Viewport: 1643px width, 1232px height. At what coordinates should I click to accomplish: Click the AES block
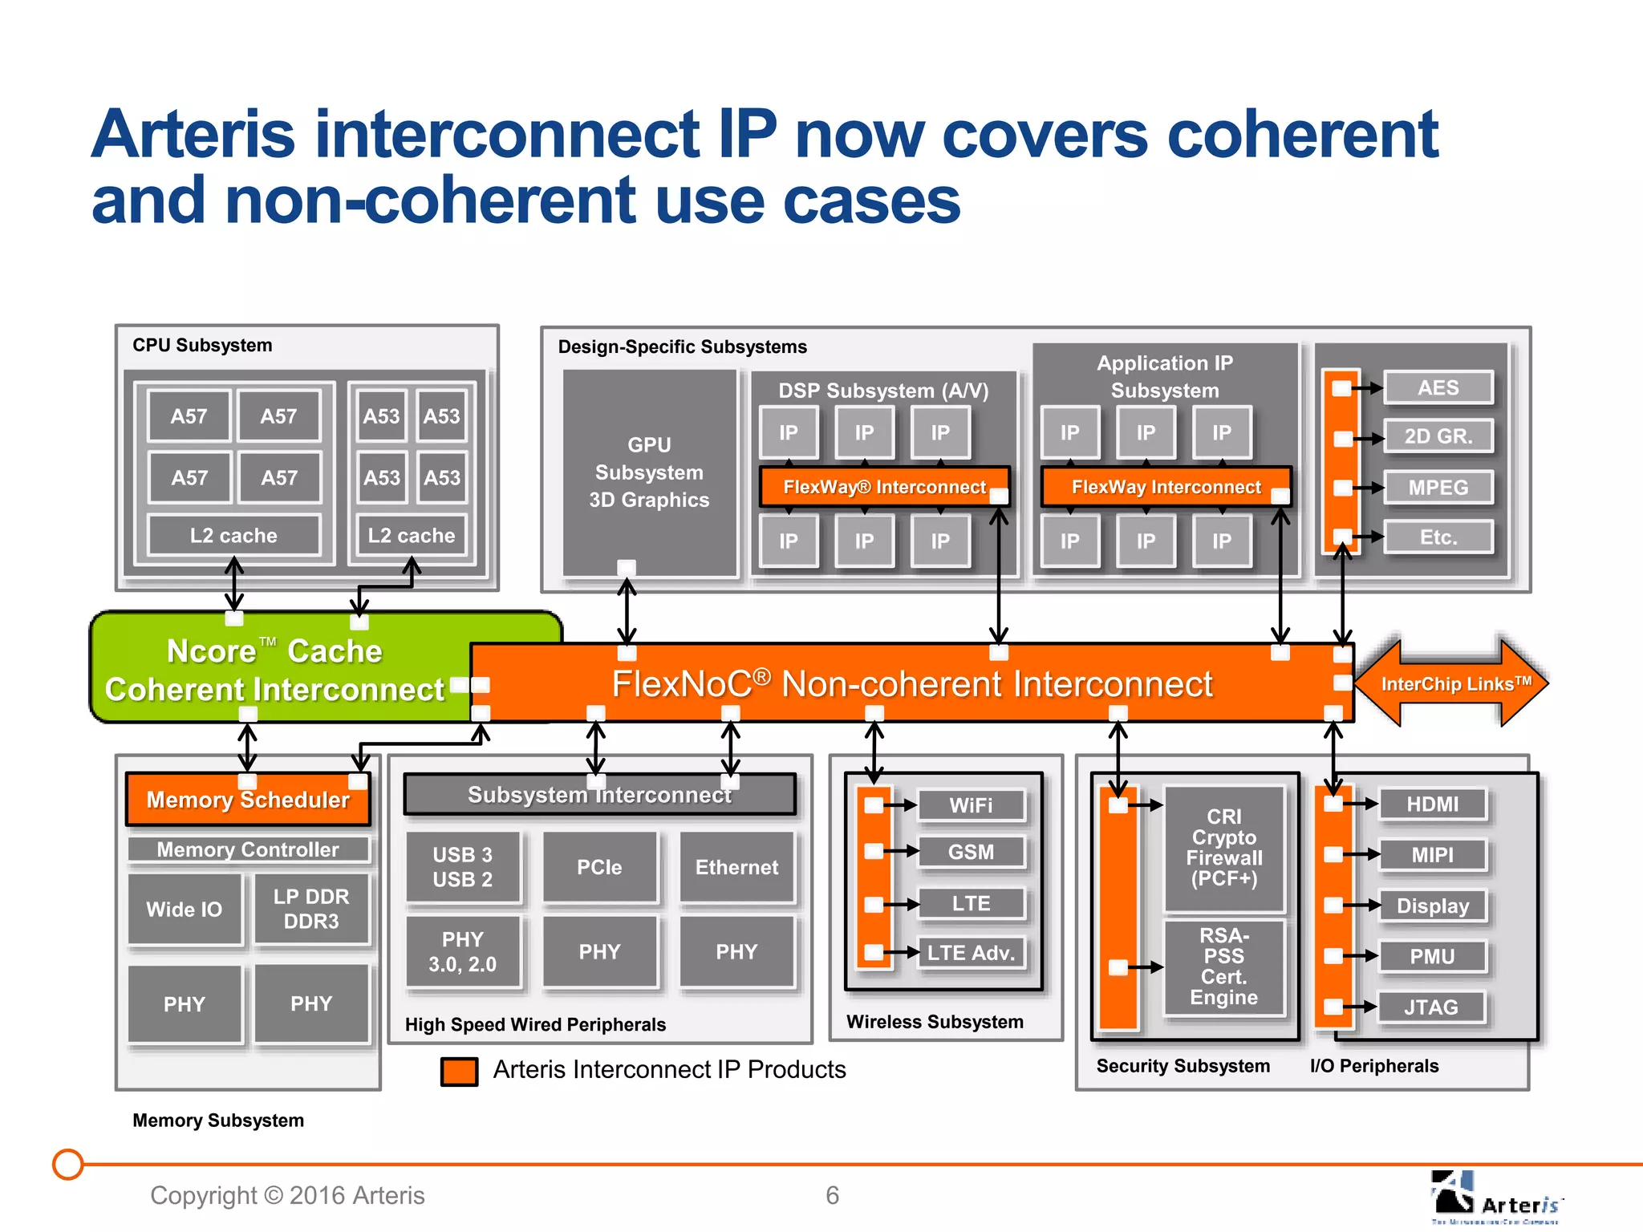coord(1438,388)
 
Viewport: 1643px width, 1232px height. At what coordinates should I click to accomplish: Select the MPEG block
coord(1438,488)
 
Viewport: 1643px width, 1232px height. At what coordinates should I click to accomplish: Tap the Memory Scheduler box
coord(248,800)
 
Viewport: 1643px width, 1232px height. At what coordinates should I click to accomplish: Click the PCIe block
coord(599,867)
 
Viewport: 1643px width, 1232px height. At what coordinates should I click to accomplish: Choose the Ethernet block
coord(736,867)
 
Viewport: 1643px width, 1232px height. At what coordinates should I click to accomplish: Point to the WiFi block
coord(971,805)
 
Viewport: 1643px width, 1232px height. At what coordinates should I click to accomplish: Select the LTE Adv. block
coord(971,953)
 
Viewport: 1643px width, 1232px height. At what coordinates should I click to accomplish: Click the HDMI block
coord(1432,804)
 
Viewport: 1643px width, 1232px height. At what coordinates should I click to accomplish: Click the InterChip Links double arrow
coord(1452,683)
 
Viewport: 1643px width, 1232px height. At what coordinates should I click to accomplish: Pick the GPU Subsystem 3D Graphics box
coord(649,472)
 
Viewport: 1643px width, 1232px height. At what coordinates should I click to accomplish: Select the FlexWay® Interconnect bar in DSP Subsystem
coord(883,487)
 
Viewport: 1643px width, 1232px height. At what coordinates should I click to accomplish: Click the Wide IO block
coord(185,909)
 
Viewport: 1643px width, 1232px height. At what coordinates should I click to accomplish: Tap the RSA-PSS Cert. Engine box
coord(1223,967)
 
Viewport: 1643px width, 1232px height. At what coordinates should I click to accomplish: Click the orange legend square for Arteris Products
coord(459,1071)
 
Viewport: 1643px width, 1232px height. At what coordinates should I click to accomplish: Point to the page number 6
coord(832,1195)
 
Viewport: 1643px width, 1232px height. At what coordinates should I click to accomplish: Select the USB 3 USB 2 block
coord(463,867)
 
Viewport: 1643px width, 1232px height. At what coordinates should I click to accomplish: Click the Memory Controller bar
coord(248,849)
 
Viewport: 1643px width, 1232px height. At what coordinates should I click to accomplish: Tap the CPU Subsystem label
coord(202,345)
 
